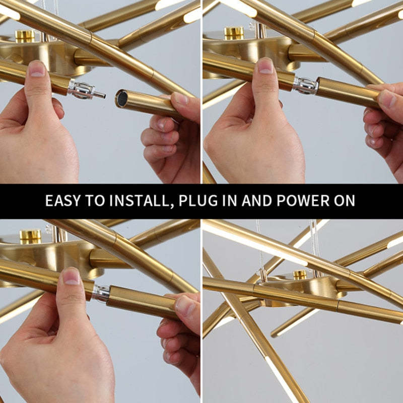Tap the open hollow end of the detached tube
(121, 98)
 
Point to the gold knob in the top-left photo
(24, 35)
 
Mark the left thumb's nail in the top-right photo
(265, 65)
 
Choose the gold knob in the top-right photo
(233, 33)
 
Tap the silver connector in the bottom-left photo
(101, 294)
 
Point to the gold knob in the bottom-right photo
(300, 275)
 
